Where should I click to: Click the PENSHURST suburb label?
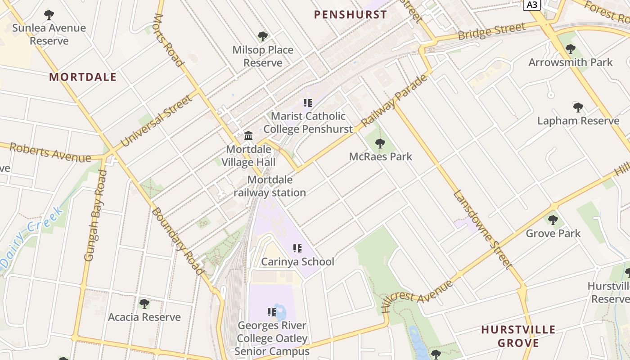pos(350,14)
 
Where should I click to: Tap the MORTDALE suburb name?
pos(83,77)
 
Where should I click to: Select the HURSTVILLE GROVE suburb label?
pos(518,336)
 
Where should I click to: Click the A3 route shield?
pos(532,5)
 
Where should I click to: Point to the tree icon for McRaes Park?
pos(380,144)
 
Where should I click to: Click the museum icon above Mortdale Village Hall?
pos(248,135)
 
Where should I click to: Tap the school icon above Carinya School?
pos(297,248)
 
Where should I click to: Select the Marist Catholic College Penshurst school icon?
pos(308,103)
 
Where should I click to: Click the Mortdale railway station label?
pos(270,186)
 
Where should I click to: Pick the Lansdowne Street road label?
pos(482,229)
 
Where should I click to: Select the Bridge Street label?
pos(491,31)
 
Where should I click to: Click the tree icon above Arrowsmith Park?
pos(571,49)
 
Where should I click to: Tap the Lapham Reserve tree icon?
pos(578,107)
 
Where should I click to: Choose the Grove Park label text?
pos(553,234)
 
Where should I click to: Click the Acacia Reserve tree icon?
pos(144,303)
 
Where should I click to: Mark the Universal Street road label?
pos(157,121)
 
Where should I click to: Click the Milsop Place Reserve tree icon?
pos(263,36)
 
